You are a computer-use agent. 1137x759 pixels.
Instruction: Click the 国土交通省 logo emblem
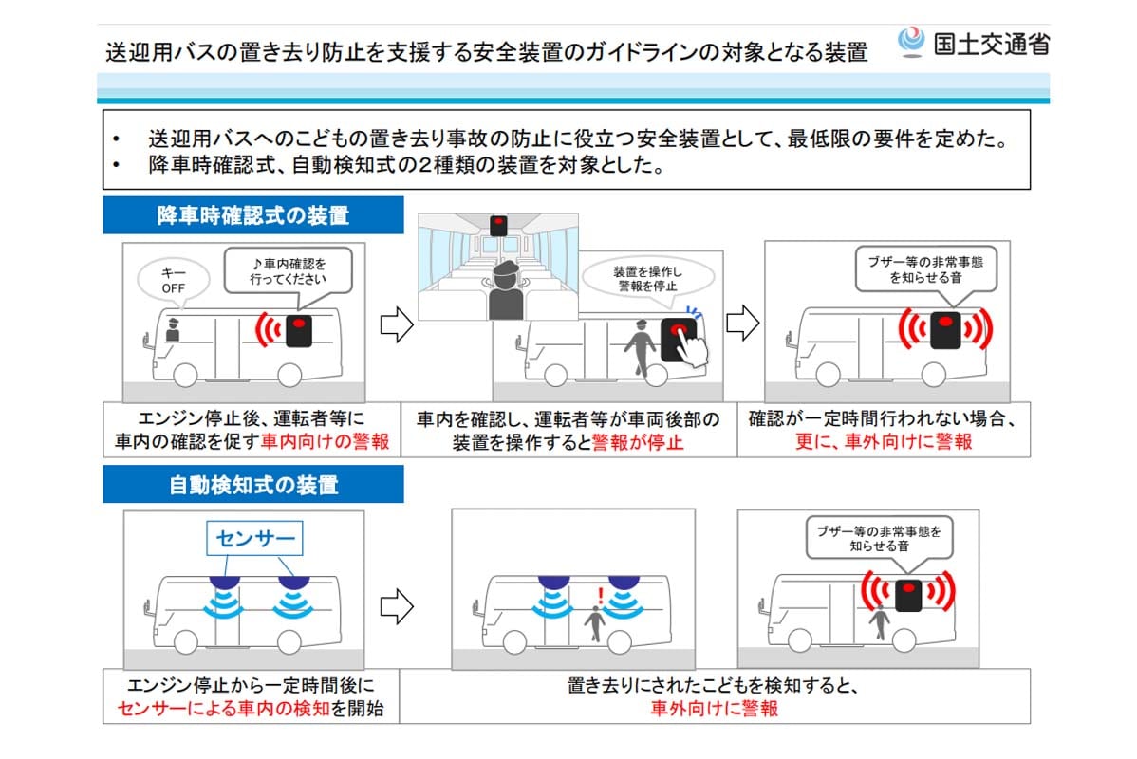[x=911, y=43]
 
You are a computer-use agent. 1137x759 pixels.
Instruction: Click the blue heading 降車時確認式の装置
[x=252, y=215]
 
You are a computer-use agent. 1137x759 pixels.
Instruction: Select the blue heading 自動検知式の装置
[x=252, y=485]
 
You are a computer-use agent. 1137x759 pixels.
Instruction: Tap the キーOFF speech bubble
[x=173, y=279]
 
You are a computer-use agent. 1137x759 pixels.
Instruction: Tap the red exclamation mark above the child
[x=599, y=596]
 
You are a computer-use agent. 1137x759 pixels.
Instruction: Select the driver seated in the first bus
[x=173, y=330]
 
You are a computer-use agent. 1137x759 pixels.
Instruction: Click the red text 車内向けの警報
[x=326, y=442]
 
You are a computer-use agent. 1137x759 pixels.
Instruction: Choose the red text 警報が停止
[x=637, y=442]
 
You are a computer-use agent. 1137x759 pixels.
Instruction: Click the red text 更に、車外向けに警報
[x=883, y=442]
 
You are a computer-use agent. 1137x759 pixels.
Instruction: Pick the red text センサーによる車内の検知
[x=223, y=708]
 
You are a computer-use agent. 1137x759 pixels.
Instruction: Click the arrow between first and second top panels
[x=396, y=325]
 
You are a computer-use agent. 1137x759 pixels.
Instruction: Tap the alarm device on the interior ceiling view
[x=498, y=225]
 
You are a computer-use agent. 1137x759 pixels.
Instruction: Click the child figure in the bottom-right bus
[x=880, y=621]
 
